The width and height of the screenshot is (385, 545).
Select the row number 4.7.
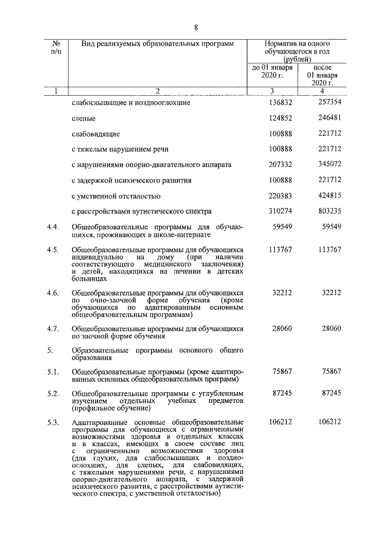click(x=53, y=329)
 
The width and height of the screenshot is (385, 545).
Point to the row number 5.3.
click(x=53, y=422)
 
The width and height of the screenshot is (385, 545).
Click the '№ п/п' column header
click(x=56, y=48)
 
